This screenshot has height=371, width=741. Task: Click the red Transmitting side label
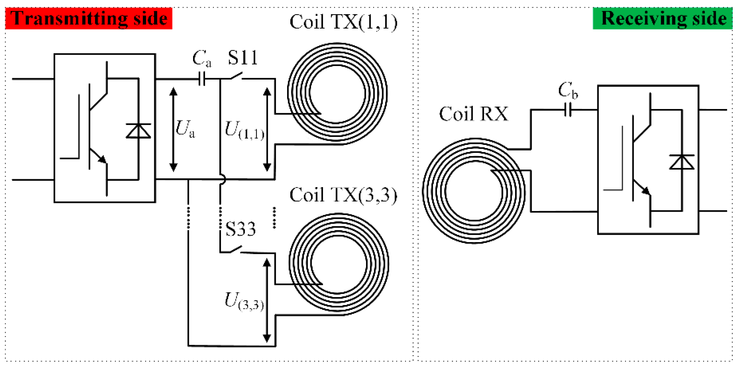coord(89,18)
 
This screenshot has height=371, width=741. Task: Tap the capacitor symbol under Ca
coord(202,79)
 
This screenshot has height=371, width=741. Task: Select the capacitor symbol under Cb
coord(568,110)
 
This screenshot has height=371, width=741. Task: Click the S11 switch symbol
coord(236,76)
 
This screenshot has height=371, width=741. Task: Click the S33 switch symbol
coord(236,250)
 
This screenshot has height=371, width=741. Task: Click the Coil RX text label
coord(473,114)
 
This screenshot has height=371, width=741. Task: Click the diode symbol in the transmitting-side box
coord(138,131)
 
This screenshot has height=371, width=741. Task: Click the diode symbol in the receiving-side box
coord(682,162)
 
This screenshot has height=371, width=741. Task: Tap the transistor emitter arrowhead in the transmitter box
coord(102,159)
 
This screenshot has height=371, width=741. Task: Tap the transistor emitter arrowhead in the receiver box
coord(646,191)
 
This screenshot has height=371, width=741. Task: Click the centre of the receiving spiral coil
coord(474,191)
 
